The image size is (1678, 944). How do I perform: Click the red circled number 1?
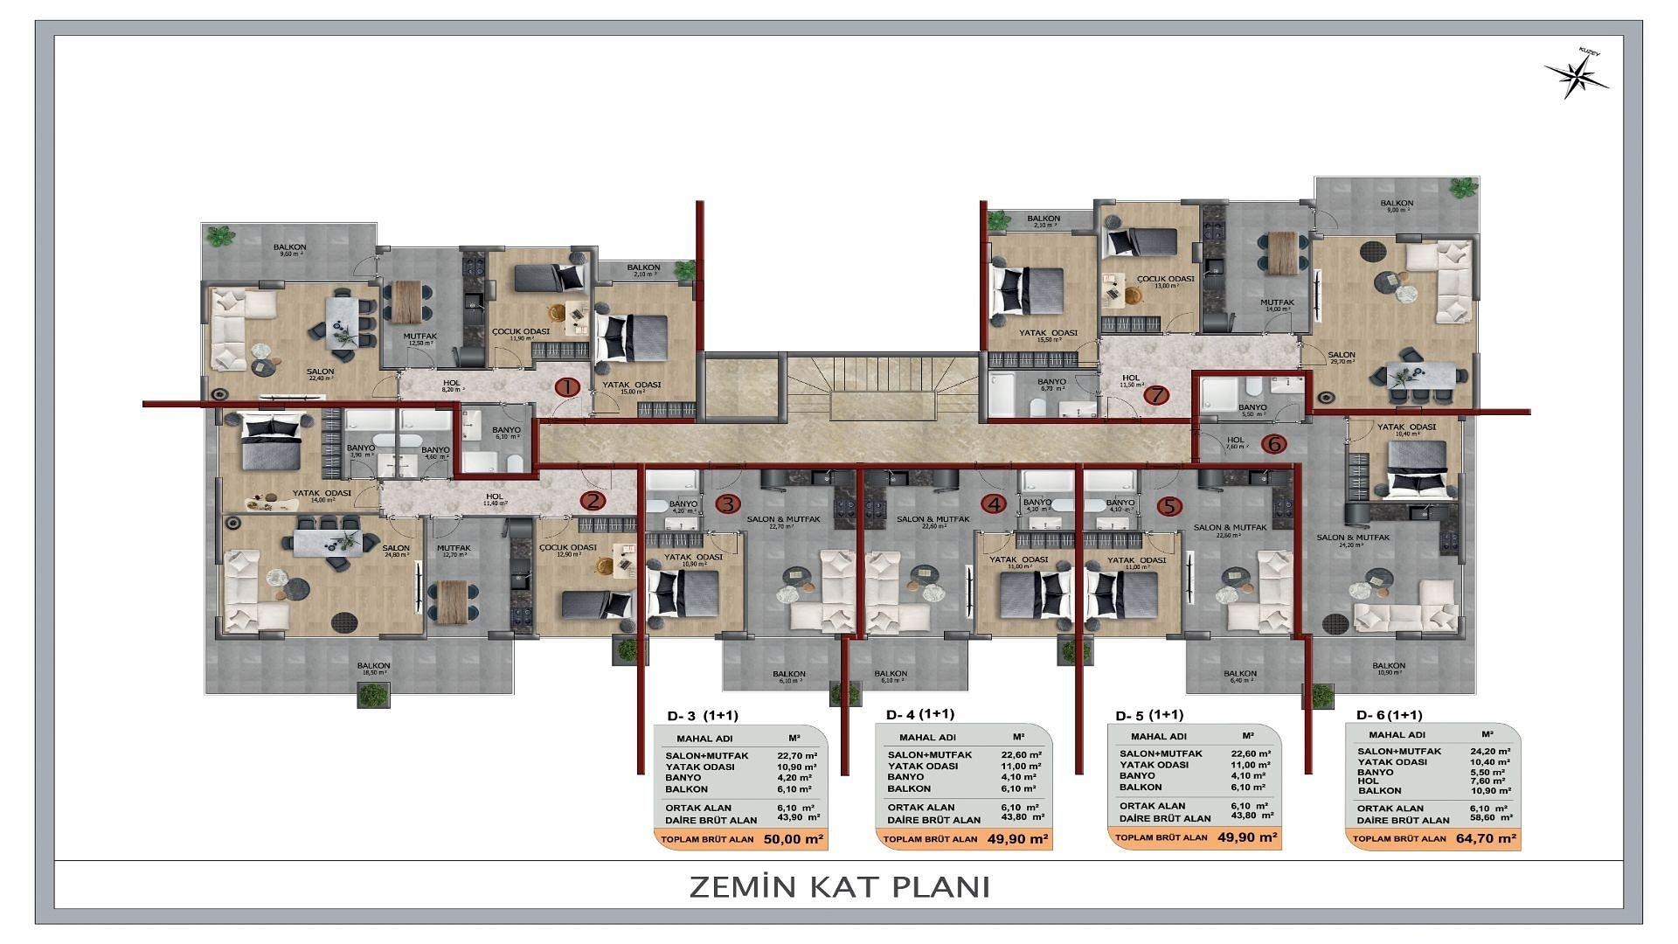[x=567, y=387]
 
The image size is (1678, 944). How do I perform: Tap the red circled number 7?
[x=1156, y=395]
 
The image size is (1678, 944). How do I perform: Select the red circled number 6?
[x=1274, y=445]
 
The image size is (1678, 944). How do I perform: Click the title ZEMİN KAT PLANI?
[x=839, y=886]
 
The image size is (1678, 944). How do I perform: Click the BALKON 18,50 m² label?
[x=373, y=670]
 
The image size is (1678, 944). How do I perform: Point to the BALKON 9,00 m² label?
[x=1397, y=206]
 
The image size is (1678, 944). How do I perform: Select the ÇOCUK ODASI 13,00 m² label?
[x=1165, y=281]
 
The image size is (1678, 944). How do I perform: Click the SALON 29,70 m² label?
[x=1342, y=358]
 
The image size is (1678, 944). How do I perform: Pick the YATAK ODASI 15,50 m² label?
[x=1047, y=336]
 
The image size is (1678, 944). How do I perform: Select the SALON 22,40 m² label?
[x=320, y=375]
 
